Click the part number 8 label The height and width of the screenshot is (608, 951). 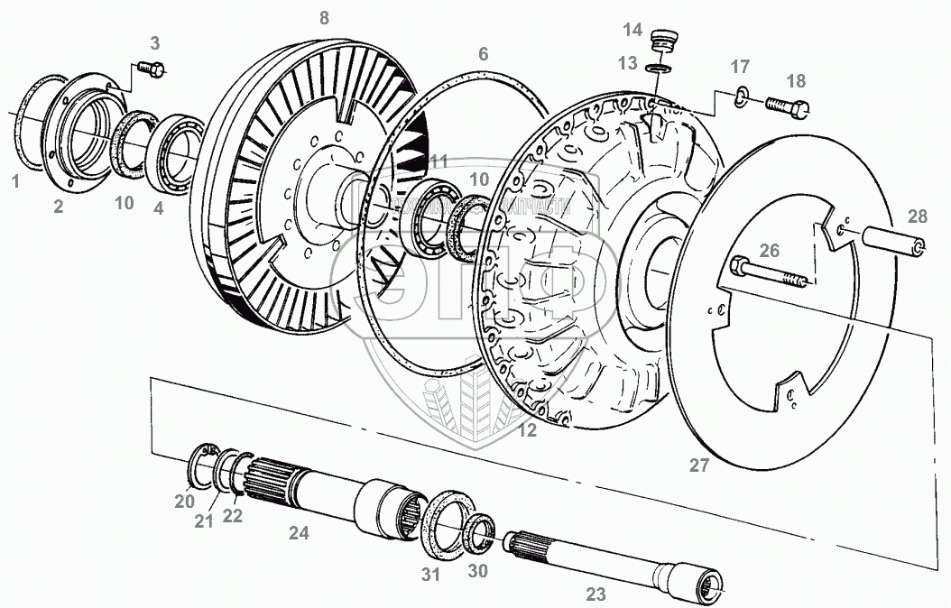(x=324, y=17)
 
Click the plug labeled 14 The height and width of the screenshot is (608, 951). (x=663, y=42)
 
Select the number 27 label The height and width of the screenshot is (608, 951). (x=699, y=465)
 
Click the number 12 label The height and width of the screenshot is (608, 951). (x=527, y=431)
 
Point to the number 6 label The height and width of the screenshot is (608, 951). (x=484, y=54)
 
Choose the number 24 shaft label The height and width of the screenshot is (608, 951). (x=299, y=533)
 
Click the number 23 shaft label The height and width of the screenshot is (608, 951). (x=596, y=594)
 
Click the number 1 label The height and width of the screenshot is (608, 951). (x=14, y=181)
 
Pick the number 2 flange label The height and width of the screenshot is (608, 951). (x=59, y=207)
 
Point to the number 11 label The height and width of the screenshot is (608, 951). (x=439, y=161)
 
